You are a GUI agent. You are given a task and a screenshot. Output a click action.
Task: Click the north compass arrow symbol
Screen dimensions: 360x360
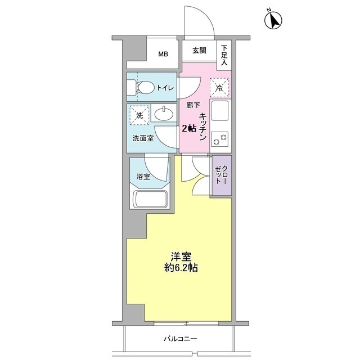coord(273,20)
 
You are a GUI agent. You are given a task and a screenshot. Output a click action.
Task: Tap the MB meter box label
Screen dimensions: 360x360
coord(163,55)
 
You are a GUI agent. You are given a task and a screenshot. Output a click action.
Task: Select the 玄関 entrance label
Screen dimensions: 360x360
coord(199,51)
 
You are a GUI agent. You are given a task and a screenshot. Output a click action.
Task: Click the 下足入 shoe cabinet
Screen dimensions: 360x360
coord(224,56)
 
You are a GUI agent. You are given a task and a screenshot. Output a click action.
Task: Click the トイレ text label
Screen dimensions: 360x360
coord(165,88)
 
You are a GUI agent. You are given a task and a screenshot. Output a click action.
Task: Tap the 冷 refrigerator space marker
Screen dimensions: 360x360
coord(220,87)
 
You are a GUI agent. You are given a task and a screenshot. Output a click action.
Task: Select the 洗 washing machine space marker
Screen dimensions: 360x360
coord(138,115)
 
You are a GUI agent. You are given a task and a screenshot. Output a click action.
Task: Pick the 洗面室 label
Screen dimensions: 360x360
coord(143,138)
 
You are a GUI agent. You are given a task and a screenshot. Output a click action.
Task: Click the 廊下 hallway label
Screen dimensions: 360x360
coord(193,106)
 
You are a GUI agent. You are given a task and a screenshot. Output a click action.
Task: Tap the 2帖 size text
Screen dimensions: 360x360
coord(188,128)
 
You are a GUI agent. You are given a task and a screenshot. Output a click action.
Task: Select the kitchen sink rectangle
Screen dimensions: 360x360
coord(220,111)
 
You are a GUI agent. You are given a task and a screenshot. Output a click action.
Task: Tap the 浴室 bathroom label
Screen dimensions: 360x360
coord(143,177)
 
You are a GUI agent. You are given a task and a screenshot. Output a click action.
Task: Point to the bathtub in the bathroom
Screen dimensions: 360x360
coord(149,199)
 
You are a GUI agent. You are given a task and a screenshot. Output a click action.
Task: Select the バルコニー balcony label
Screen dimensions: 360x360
coord(180,339)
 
